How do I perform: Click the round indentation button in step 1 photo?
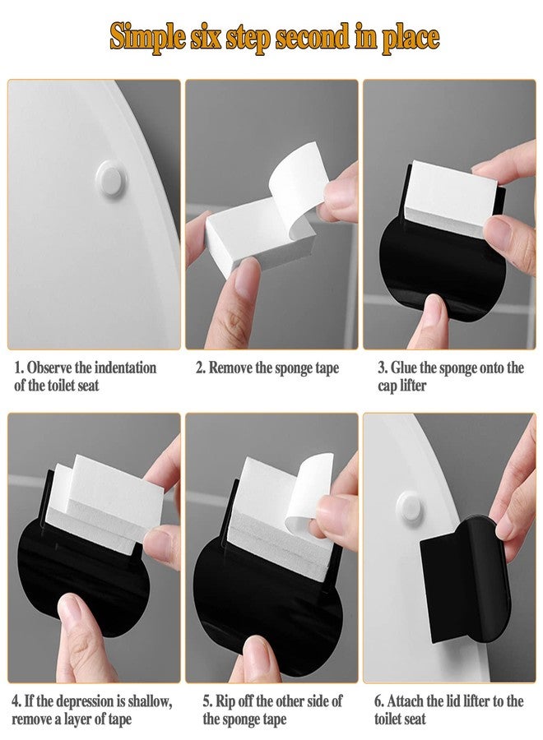pos(111,178)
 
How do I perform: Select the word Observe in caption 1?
pos(49,368)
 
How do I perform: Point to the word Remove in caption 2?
pos(230,368)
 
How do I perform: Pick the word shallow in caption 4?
pos(150,701)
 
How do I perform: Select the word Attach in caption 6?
pos(405,701)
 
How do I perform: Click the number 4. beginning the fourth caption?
pos(16,701)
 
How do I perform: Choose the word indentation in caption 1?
pos(125,368)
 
